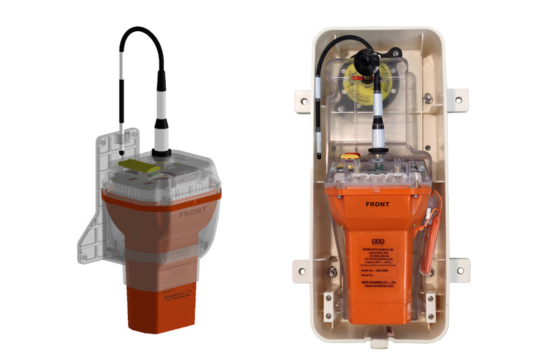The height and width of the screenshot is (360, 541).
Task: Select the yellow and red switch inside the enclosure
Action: (349, 156)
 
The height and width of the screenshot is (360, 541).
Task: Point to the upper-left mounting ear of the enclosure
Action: (300, 99)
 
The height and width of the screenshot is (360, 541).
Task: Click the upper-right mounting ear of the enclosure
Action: (459, 99)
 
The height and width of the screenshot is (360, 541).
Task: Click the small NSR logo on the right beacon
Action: (378, 240)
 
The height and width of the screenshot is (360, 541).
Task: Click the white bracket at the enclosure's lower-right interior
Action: (429, 305)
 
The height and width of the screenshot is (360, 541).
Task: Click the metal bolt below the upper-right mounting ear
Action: (427, 98)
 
